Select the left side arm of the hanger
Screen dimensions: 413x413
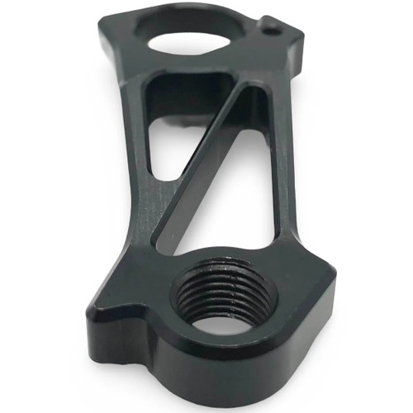tap(136, 165)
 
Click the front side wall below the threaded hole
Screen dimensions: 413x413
tap(223, 363)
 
